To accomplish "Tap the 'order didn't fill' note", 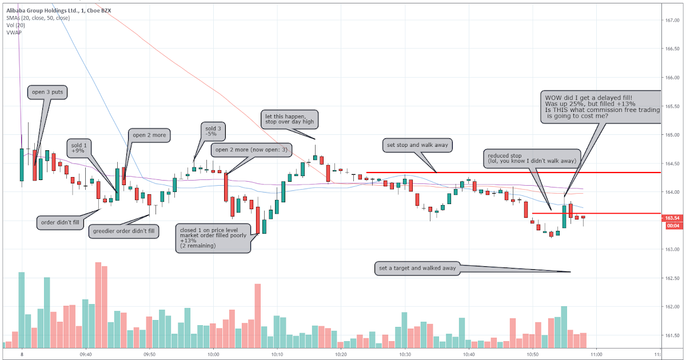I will (x=61, y=222).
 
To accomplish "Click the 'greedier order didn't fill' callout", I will (x=124, y=231).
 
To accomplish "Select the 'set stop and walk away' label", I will (x=417, y=145).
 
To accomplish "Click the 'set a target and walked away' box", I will (x=417, y=268).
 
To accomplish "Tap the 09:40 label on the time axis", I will (x=86, y=354).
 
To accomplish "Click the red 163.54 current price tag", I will (x=672, y=218).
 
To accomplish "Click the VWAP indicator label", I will (x=14, y=33).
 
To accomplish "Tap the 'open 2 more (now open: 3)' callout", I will (x=252, y=150).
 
